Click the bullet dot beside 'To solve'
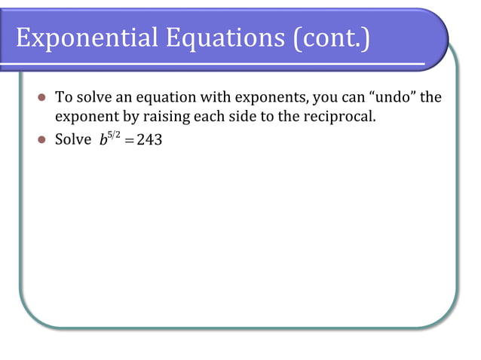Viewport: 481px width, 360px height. click(42, 99)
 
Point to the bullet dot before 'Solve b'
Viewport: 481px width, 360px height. click(42, 140)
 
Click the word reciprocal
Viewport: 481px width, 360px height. click(337, 118)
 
